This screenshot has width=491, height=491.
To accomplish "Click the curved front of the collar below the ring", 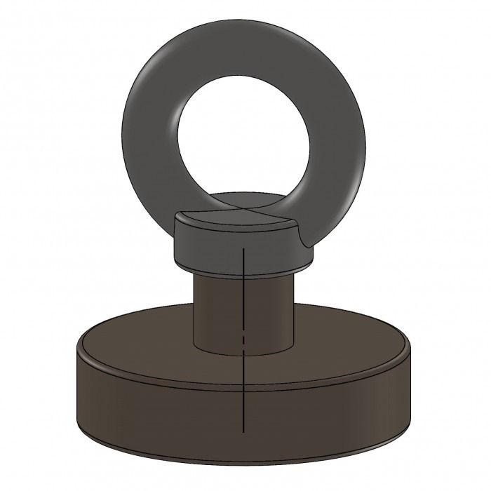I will (x=242, y=253).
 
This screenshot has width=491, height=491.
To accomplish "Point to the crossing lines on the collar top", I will (x=243, y=210).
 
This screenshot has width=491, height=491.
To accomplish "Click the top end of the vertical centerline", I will (x=242, y=247).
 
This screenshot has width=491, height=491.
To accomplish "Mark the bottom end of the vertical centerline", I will (x=242, y=429).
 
